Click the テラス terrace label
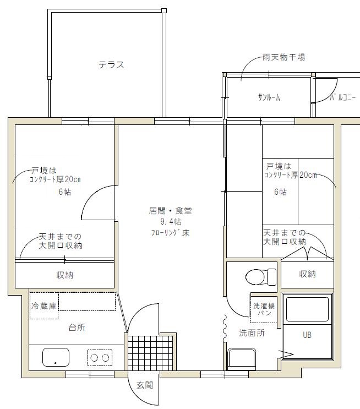(x=111, y=64)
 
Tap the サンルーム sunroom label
(x=269, y=97)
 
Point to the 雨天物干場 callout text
(x=284, y=57)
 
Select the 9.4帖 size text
(x=171, y=222)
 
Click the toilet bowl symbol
(x=261, y=277)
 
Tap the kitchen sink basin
(x=56, y=357)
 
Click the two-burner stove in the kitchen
(x=100, y=358)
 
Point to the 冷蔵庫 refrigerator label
(x=44, y=306)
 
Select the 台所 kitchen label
(x=77, y=328)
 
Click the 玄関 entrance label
(x=145, y=385)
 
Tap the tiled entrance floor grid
(x=150, y=353)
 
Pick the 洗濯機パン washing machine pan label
(x=264, y=309)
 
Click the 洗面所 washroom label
(x=252, y=333)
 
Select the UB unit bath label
(x=307, y=335)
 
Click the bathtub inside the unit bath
(x=307, y=309)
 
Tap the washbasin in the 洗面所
(x=242, y=359)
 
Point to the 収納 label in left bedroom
(x=65, y=275)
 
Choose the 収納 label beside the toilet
(x=307, y=274)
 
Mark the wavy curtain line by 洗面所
(x=225, y=328)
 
